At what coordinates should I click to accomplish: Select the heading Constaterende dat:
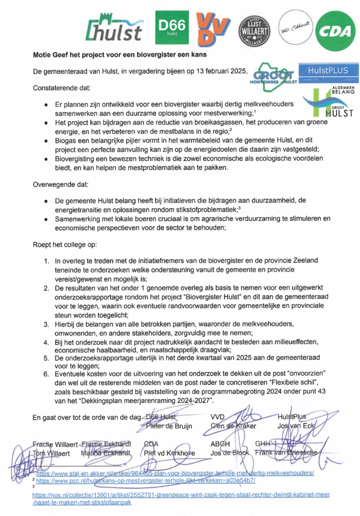click(x=62, y=88)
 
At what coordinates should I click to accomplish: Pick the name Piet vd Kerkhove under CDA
click(x=170, y=453)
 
